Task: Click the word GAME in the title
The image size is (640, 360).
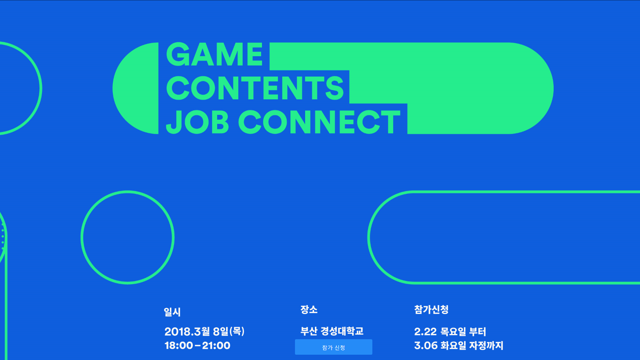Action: [214, 54]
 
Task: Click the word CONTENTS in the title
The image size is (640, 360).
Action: [255, 88]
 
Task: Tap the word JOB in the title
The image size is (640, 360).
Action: [198, 122]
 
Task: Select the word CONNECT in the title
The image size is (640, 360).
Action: [319, 122]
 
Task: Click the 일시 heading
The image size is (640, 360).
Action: [172, 312]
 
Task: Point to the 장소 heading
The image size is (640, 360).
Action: [309, 310]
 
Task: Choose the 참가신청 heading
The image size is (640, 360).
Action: [431, 310]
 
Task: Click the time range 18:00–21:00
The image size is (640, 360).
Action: [198, 345]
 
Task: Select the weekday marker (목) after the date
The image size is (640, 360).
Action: [237, 331]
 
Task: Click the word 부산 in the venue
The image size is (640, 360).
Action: [309, 331]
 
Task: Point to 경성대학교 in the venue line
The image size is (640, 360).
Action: [342, 331]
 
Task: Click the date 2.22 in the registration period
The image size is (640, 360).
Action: [425, 332]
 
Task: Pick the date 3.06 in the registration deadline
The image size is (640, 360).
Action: [426, 346]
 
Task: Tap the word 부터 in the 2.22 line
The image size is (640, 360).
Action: [477, 331]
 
